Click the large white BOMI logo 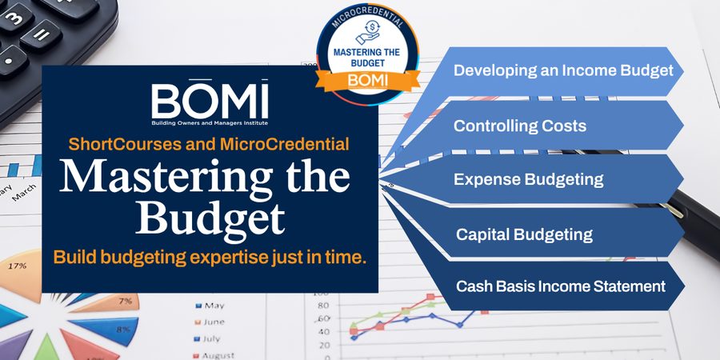(210, 102)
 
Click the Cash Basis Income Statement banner (561, 286)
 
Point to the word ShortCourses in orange (125, 144)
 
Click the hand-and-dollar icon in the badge (367, 32)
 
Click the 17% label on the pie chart (17, 266)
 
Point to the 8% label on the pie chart (123, 330)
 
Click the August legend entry (214, 355)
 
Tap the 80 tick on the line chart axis (323, 306)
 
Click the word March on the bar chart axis (23, 192)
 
